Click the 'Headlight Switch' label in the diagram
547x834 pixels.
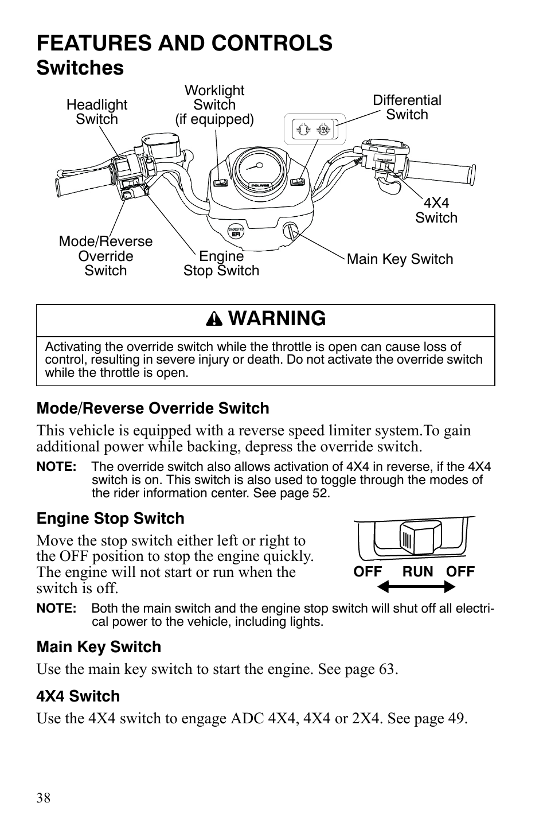click(x=96, y=112)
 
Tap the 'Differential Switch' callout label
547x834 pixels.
click(x=407, y=107)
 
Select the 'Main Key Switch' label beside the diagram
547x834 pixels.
click(x=400, y=259)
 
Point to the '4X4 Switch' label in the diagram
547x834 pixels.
click(x=436, y=211)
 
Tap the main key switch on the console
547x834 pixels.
click(x=290, y=231)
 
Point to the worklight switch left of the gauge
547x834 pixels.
click(x=221, y=183)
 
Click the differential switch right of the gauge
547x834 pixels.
click(x=297, y=182)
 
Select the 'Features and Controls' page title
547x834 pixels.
click(x=184, y=43)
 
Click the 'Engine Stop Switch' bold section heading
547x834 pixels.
click(x=111, y=519)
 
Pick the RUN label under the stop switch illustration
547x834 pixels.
click(x=417, y=571)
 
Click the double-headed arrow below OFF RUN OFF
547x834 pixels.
click(x=416, y=587)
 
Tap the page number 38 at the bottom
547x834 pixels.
click(x=44, y=798)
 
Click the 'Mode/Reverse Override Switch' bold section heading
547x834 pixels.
click(x=153, y=408)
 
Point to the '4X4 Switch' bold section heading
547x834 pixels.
click(x=79, y=696)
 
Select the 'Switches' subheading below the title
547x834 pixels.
click(x=80, y=68)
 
